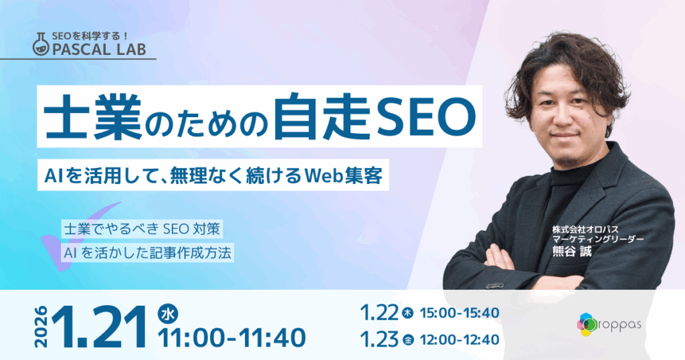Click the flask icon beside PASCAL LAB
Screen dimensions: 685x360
pyautogui.click(x=41, y=44)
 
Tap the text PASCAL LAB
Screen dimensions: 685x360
pyautogui.click(x=99, y=50)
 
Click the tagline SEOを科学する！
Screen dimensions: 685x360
pyautogui.click(x=90, y=36)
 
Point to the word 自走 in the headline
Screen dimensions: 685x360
pyautogui.click(x=322, y=116)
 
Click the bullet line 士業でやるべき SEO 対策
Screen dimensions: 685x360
pyautogui.click(x=142, y=229)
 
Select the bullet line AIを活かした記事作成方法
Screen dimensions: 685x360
pyautogui.click(x=147, y=253)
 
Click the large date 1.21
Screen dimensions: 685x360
pyautogui.click(x=100, y=327)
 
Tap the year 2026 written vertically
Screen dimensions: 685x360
pyautogui.click(x=41, y=327)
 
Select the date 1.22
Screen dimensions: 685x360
pyautogui.click(x=379, y=313)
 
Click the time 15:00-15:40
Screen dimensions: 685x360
pyautogui.click(x=460, y=313)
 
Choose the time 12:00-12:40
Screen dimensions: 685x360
pyautogui.click(x=460, y=340)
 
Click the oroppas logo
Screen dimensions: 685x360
pyautogui.click(x=609, y=325)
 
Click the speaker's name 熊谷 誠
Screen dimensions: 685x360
pyautogui.click(x=573, y=251)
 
